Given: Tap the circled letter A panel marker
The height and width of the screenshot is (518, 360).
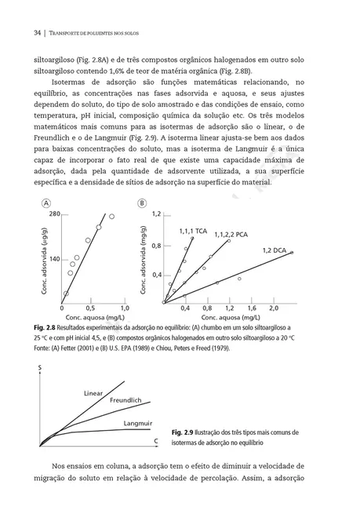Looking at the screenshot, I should click(x=37, y=202).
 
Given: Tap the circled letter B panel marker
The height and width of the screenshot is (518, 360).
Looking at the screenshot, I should click(x=142, y=202).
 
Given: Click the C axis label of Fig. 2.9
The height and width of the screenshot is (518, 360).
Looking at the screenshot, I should click(x=155, y=443).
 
